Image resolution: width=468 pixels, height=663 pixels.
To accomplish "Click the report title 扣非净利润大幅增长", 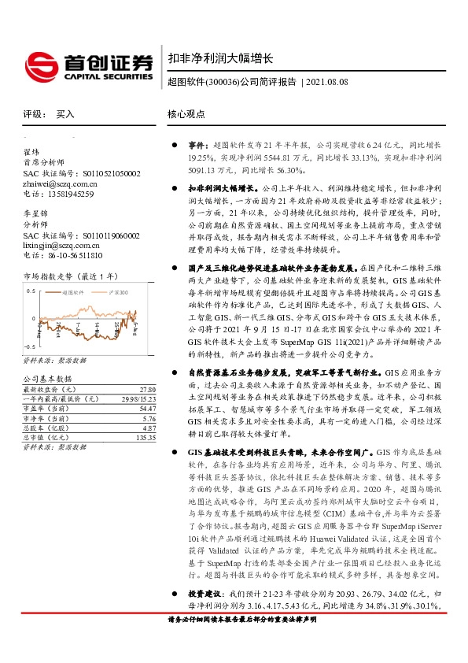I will pyautogui.click(x=220, y=58).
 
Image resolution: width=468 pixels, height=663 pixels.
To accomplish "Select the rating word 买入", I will pyautogui.click(x=65, y=114).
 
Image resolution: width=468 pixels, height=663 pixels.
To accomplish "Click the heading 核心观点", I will pyautogui.click(x=186, y=114).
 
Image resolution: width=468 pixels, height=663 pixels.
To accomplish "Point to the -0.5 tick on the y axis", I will pyautogui.click(x=30, y=346).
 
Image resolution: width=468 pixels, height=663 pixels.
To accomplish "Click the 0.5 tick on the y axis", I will pyautogui.click(x=31, y=291).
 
